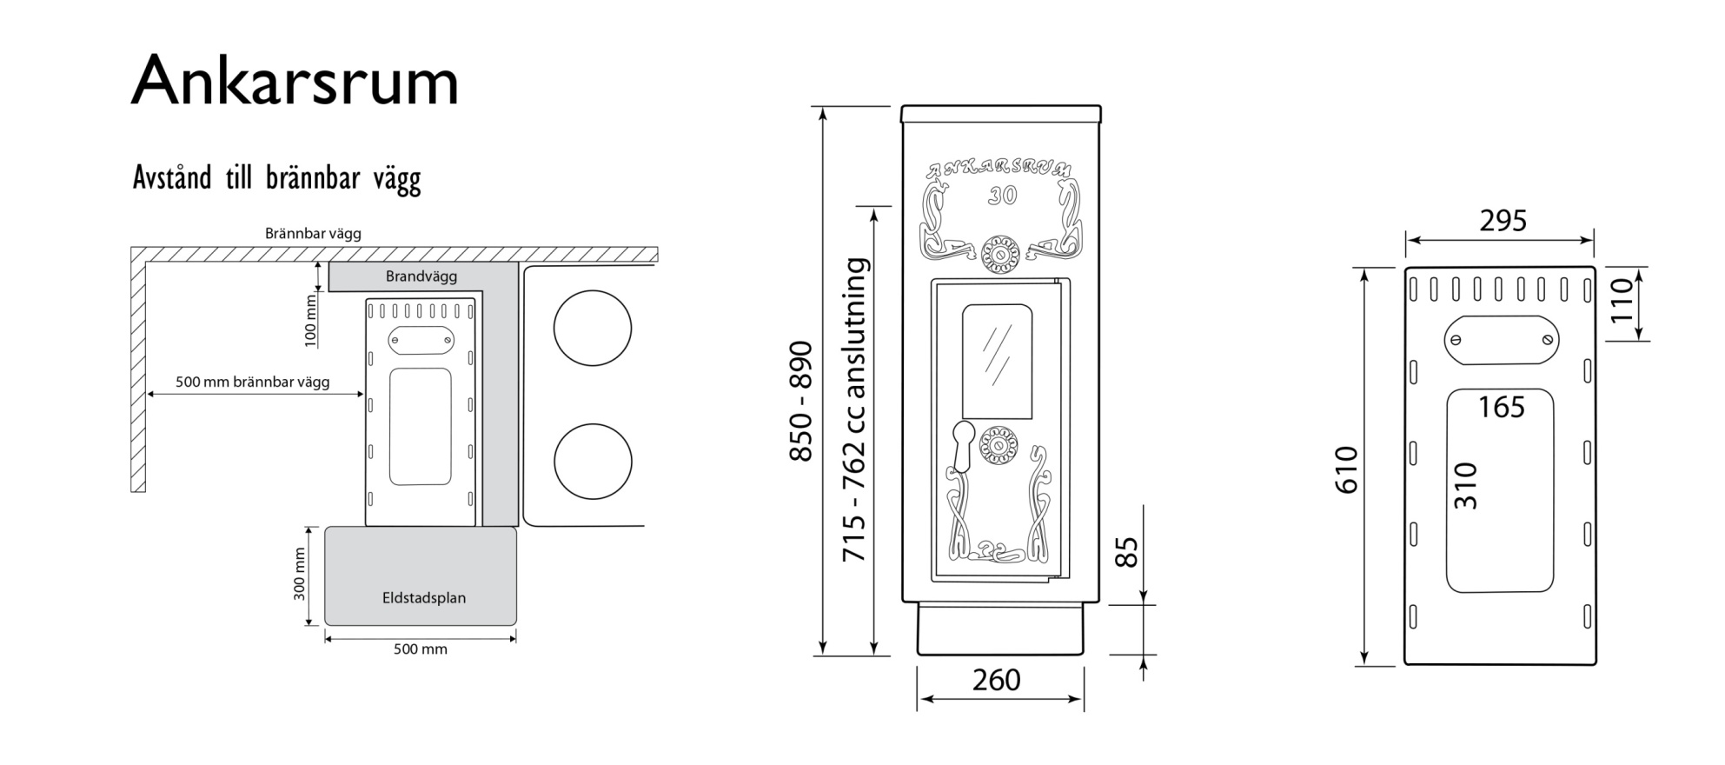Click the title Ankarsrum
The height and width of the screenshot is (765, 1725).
295,80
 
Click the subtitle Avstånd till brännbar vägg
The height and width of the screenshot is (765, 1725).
276,178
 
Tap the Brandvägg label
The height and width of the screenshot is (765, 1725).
421,276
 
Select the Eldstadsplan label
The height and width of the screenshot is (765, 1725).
424,598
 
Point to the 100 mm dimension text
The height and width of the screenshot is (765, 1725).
311,321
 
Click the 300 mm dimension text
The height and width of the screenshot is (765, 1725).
300,574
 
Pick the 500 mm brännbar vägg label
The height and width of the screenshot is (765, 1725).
253,382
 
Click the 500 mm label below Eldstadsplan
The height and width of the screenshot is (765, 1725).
421,649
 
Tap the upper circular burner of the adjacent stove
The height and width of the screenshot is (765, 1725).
593,329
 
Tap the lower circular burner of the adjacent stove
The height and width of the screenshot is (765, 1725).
593,462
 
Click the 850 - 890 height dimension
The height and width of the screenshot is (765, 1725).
800,402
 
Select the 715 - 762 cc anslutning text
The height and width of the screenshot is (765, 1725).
855,409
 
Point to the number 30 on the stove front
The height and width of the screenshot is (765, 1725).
1002,196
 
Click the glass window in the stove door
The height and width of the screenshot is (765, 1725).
998,362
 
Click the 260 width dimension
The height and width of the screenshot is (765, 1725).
997,680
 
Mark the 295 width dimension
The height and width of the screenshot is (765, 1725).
1503,221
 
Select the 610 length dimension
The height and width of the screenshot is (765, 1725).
1346,470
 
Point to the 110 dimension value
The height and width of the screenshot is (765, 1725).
1622,299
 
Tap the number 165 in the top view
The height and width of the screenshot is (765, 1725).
1502,407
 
